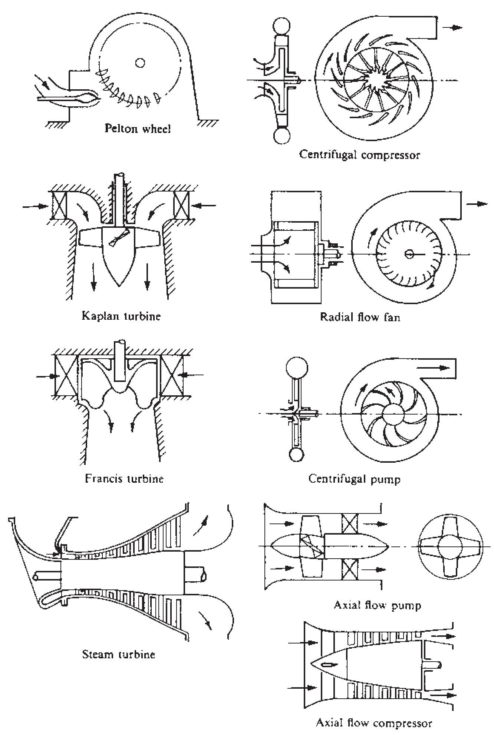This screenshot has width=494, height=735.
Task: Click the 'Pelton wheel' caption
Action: tap(138, 129)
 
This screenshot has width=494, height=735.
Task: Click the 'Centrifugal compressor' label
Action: tap(360, 154)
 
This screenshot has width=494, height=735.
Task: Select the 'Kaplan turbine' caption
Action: tap(121, 317)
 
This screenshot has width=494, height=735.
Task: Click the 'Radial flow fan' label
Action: tap(360, 317)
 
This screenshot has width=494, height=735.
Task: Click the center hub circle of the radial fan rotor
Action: tap(409, 253)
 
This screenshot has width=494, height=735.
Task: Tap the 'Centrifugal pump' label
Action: tap(354, 479)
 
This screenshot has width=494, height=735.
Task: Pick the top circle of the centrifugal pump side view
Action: tap(297, 367)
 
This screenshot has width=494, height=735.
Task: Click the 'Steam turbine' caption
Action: tap(118, 654)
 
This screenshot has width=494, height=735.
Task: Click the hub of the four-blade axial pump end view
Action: tap(450, 546)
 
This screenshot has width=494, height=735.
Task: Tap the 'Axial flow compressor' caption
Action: tap(374, 723)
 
